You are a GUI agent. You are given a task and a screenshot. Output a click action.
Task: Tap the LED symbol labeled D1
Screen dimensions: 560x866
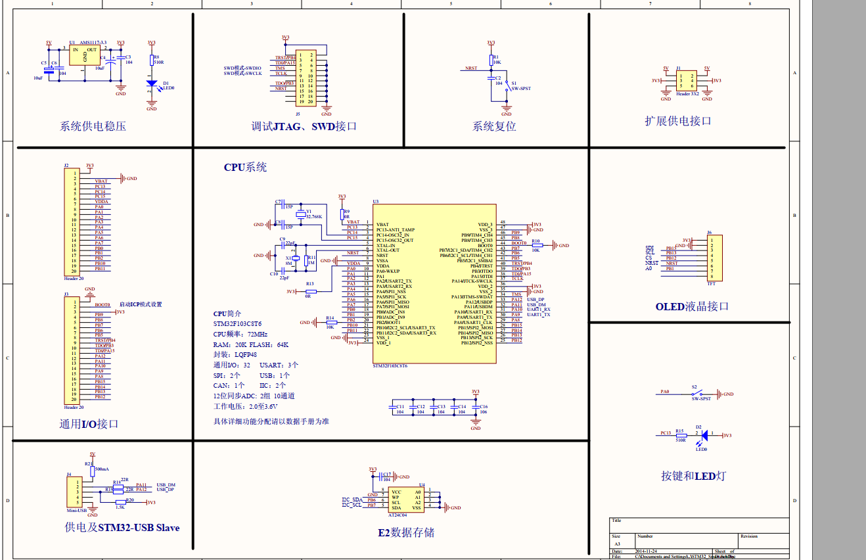pos(152,83)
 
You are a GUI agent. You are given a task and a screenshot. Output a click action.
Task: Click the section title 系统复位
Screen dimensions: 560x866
pos(494,126)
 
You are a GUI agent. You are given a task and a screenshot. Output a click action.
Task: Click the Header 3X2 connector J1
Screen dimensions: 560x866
pos(686,80)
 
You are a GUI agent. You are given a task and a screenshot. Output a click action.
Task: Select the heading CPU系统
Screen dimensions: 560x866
pos(245,167)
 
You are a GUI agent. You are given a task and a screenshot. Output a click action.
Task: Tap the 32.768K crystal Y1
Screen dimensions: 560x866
pos(301,215)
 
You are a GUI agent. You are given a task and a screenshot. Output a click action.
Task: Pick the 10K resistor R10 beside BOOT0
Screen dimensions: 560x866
pos(537,245)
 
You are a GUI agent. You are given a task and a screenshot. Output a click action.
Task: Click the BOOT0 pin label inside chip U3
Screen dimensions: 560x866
pos(485,245)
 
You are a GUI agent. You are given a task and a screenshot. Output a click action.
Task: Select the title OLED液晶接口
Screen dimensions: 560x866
pos(692,306)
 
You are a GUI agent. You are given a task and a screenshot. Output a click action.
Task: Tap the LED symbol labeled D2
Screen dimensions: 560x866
pos(704,434)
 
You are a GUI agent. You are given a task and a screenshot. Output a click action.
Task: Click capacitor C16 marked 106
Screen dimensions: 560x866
pos(476,408)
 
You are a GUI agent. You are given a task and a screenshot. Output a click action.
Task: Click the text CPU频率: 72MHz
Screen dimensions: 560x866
pos(240,335)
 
